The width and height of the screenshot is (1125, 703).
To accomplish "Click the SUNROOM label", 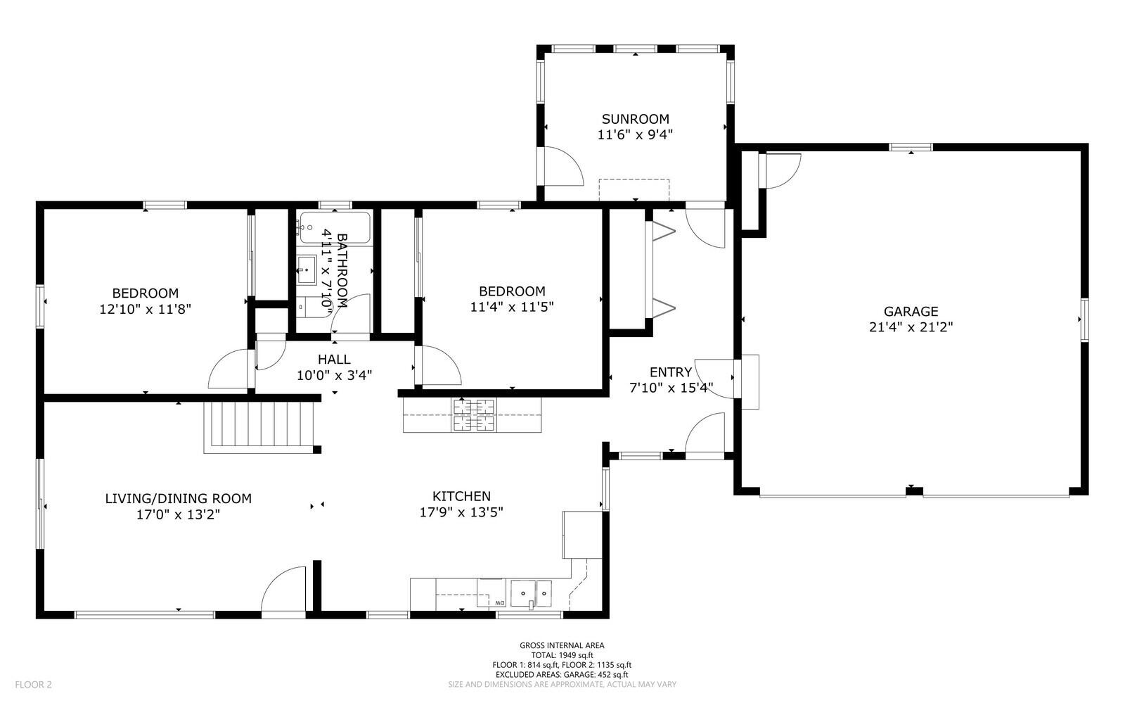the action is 636,119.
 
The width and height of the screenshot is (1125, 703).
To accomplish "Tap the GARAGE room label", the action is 911,312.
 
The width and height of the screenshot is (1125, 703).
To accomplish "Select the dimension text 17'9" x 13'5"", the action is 461,512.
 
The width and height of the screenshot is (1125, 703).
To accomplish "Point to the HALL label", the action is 334,360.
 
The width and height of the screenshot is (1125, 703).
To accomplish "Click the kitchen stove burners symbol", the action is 474,415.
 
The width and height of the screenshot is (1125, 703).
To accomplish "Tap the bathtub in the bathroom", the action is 335,227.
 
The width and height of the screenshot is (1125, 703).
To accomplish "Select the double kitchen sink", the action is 532,593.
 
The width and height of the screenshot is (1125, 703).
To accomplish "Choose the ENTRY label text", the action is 671,372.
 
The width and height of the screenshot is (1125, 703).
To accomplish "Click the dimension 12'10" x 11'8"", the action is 145,309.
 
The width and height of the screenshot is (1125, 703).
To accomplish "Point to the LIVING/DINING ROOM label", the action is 179,498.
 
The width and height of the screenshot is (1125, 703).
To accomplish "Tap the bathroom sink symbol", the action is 307,270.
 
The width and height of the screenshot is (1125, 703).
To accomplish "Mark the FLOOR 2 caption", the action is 33,685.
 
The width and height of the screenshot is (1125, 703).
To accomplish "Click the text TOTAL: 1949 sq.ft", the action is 562,655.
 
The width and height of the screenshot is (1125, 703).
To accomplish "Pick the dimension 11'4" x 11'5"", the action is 512,307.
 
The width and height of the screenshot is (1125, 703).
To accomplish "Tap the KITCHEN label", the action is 461,497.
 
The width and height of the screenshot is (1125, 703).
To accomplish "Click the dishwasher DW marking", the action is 500,602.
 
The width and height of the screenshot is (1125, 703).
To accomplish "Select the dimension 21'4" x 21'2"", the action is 911,327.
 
